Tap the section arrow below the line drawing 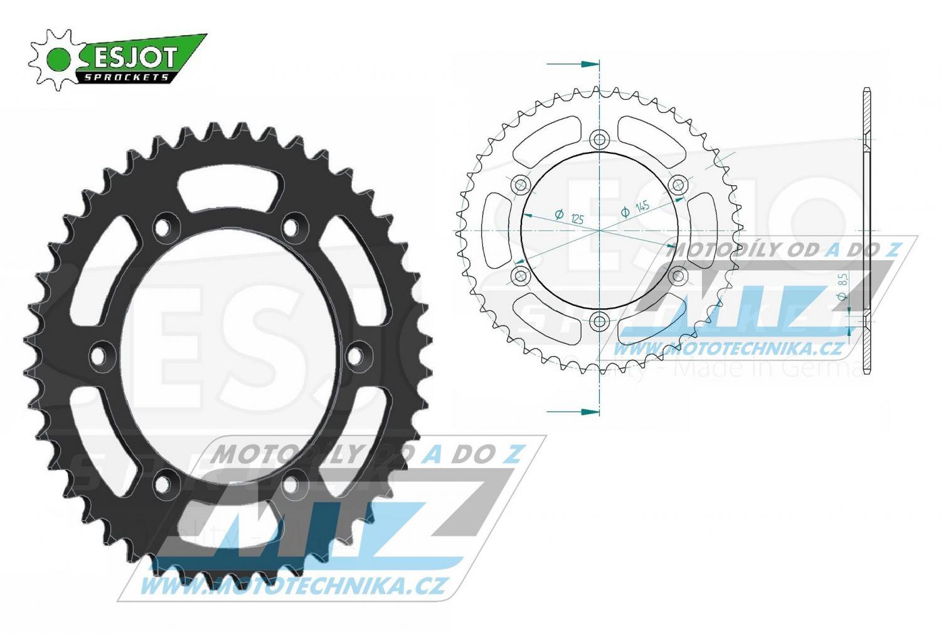pyautogui.click(x=572, y=411)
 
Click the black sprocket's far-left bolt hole pyautogui.click(x=98, y=355)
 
